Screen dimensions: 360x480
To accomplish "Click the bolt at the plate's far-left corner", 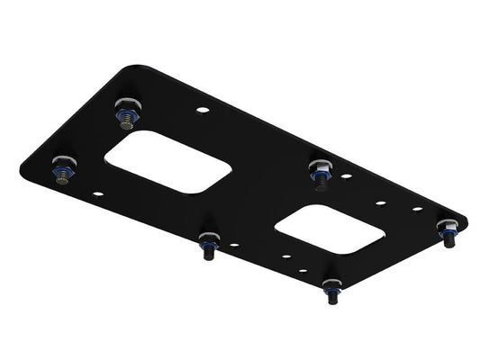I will click(63, 169).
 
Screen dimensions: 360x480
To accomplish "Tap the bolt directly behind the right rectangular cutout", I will click(320, 167).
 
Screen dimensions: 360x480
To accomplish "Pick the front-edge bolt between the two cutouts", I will click(209, 242).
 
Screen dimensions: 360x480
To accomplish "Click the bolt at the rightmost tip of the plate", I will click(447, 229).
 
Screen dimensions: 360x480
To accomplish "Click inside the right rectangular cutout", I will click(330, 229).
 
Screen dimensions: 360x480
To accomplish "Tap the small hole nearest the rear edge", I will click(203, 111).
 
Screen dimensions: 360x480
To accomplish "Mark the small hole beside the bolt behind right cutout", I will click(346, 177).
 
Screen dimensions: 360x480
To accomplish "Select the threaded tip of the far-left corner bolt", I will click(62, 178).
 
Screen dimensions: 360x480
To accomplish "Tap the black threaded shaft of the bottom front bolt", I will click(331, 298).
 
